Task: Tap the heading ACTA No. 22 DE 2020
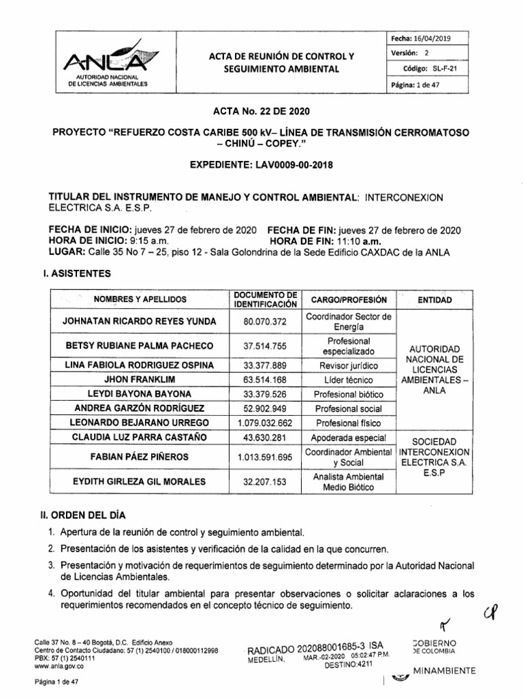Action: (261, 111)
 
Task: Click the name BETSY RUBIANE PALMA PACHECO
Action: (139, 346)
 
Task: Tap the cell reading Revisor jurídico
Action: (348, 365)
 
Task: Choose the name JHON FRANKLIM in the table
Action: (139, 380)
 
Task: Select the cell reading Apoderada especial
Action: (348, 437)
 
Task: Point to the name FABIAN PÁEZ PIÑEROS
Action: (139, 456)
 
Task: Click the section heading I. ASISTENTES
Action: (74, 273)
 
